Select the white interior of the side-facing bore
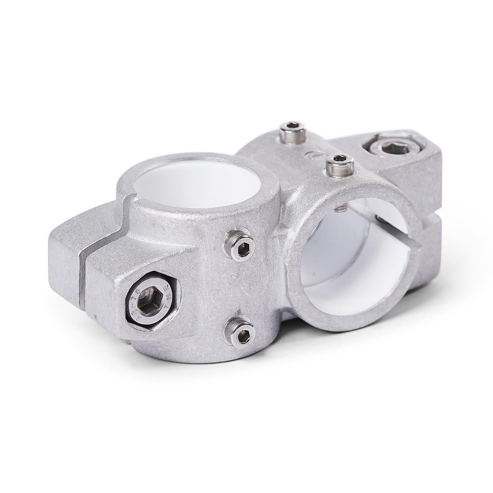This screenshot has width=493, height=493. tap(346, 259)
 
